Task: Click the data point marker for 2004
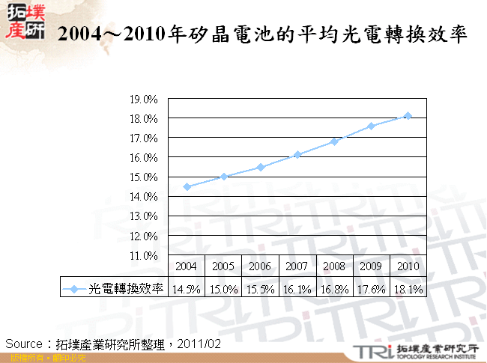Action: click(x=187, y=186)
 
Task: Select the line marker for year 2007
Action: click(x=297, y=155)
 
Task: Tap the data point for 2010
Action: click(x=408, y=115)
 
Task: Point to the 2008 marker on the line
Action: click(x=334, y=141)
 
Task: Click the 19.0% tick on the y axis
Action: click(x=143, y=100)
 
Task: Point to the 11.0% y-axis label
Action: click(x=143, y=255)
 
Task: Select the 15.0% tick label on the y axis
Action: click(x=143, y=177)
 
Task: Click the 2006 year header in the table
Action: click(x=261, y=266)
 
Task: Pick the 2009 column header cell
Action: click(x=371, y=266)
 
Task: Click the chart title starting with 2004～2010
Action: click(x=262, y=34)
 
